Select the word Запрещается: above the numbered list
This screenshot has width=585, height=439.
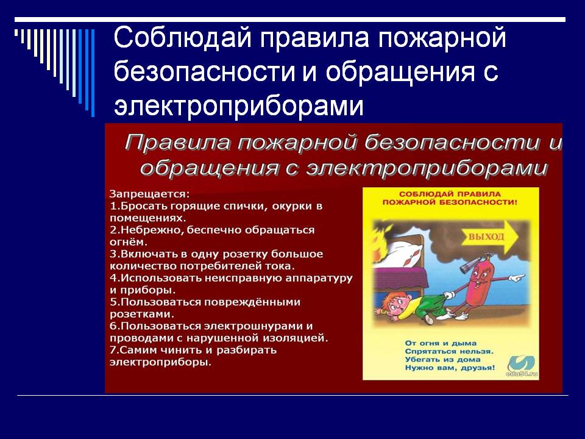point(150,194)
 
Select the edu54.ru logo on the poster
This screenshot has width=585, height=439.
point(522,365)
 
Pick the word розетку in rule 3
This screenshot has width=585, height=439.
point(245,254)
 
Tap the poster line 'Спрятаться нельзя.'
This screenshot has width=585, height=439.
point(449,351)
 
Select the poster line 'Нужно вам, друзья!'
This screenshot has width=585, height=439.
point(450,368)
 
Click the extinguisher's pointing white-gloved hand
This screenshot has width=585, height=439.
point(517,278)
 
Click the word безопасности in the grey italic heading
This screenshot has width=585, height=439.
point(452,143)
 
